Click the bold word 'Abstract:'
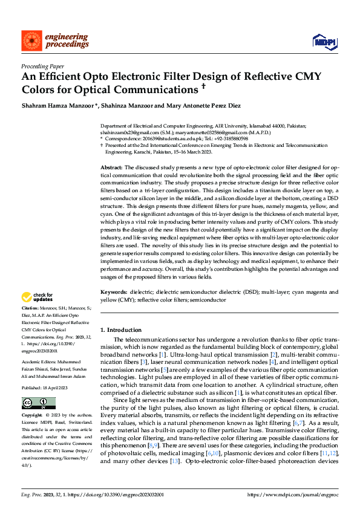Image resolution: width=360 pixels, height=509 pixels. pyautogui.click(x=112, y=167)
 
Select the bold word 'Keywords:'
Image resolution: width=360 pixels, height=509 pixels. pyautogui.click(x=114, y=292)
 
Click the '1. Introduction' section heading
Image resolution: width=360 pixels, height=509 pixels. pyautogui.click(x=120, y=330)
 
